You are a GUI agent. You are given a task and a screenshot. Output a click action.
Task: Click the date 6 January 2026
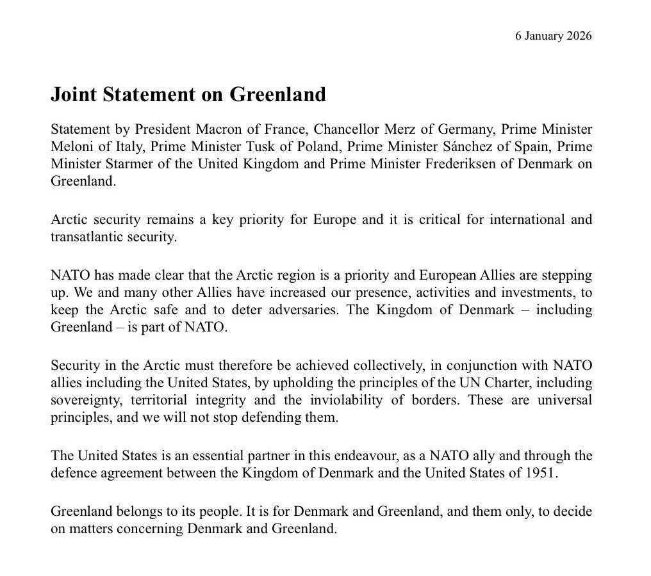coord(553,36)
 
